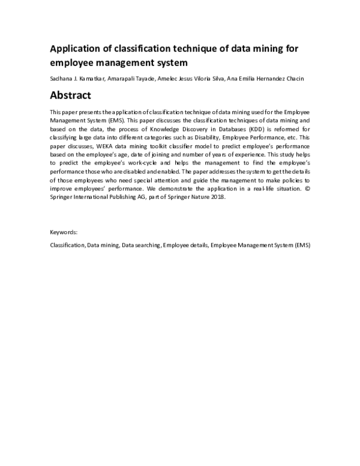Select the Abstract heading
click(x=70, y=95)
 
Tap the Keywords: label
click(x=64, y=231)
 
